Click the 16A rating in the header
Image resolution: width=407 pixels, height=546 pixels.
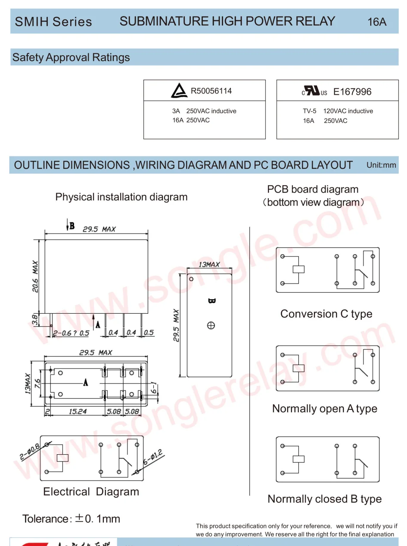click(377, 22)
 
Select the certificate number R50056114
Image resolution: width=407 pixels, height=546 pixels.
click(211, 91)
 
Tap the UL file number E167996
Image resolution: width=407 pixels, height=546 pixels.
click(352, 92)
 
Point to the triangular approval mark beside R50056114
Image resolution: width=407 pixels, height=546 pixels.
click(179, 91)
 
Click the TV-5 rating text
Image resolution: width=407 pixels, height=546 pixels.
click(309, 111)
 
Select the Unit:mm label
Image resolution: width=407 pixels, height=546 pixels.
click(381, 165)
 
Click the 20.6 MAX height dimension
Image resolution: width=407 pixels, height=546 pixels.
click(35, 276)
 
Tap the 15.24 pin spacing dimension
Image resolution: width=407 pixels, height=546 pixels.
click(78, 412)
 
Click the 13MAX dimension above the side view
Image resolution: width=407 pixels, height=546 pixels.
click(209, 264)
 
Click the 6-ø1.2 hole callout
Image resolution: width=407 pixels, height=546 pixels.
click(152, 457)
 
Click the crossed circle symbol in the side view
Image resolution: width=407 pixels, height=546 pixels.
click(211, 326)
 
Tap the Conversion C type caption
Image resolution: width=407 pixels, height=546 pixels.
click(326, 314)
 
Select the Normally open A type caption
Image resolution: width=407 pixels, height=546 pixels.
click(324, 409)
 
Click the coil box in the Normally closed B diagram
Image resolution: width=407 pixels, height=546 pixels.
click(298, 459)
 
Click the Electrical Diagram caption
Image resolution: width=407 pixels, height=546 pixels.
click(91, 492)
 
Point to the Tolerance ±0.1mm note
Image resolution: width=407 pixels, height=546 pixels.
click(71, 519)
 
